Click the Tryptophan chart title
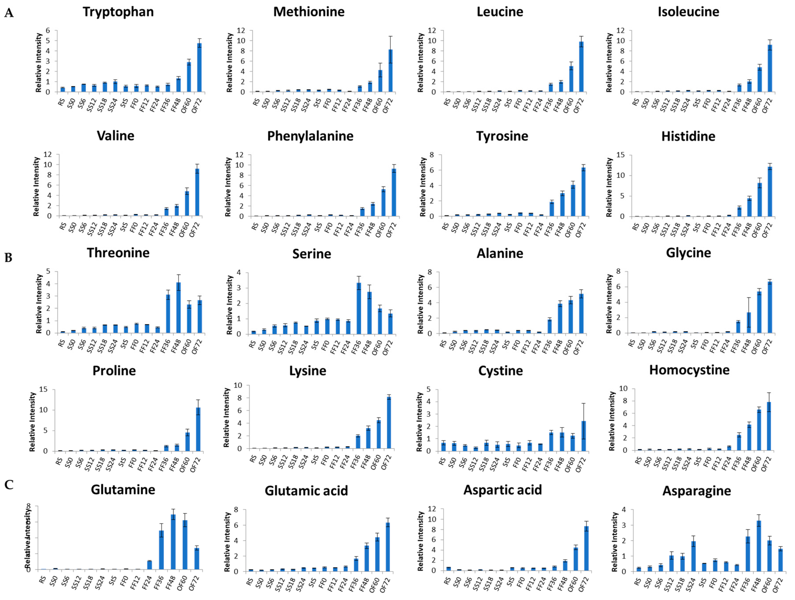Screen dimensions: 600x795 coord(118,12)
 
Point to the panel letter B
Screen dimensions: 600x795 coord(8,258)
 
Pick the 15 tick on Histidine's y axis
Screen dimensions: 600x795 coord(620,155)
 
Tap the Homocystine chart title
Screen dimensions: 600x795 coord(689,370)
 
